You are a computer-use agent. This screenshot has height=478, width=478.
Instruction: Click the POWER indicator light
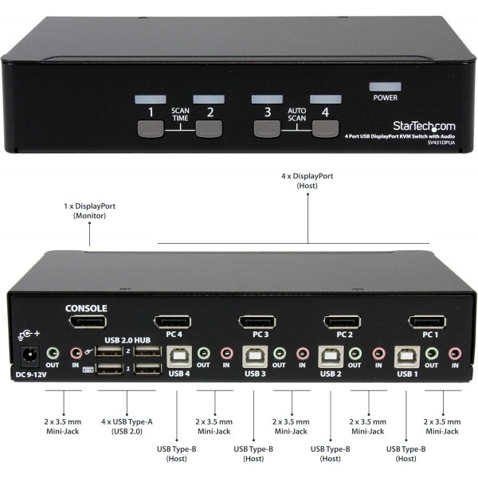(x=385, y=84)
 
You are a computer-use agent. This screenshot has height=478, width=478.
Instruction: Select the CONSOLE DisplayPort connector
(x=87, y=322)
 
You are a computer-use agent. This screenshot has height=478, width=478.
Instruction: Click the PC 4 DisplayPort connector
(x=172, y=322)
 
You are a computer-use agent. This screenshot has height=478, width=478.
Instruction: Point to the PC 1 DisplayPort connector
(x=427, y=322)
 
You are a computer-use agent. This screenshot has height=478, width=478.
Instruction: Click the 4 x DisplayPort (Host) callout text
(x=307, y=180)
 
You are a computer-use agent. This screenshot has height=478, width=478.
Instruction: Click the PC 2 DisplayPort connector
(x=341, y=322)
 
